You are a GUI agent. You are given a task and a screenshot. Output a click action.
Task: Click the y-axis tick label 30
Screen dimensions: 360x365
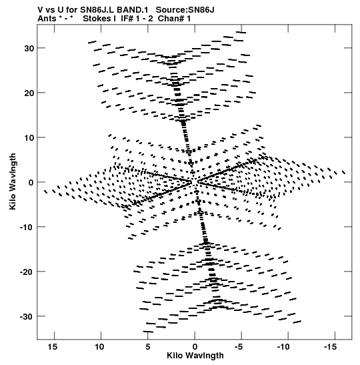click(x=29, y=49)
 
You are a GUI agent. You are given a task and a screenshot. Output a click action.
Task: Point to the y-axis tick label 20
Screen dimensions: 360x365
click(x=29, y=93)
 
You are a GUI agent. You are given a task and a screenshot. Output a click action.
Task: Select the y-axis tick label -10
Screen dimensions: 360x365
click(x=27, y=227)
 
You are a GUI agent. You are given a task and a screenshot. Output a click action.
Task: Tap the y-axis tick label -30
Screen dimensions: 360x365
click(x=27, y=316)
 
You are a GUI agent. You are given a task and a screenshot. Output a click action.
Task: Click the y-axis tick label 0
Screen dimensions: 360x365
click(x=31, y=183)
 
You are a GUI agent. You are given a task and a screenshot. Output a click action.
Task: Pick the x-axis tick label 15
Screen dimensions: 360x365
click(x=53, y=347)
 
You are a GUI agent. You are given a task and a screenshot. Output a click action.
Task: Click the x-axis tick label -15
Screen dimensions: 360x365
click(x=330, y=347)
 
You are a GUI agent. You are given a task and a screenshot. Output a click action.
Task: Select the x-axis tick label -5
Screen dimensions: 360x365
click(x=239, y=347)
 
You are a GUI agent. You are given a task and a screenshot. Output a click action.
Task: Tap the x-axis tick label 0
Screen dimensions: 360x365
click(x=195, y=347)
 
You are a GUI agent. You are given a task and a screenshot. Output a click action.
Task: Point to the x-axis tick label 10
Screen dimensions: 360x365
click(x=99, y=347)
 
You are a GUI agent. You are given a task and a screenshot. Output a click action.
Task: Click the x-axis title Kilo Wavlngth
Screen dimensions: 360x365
click(x=195, y=356)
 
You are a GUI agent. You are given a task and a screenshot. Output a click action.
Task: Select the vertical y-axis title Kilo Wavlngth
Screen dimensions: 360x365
click(x=13, y=181)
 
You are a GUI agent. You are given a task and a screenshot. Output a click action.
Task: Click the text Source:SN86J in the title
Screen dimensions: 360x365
click(x=185, y=10)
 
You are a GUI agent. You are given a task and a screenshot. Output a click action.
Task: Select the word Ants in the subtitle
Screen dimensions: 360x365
click(x=47, y=18)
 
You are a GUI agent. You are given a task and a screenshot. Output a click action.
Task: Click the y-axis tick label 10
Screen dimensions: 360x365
click(x=29, y=138)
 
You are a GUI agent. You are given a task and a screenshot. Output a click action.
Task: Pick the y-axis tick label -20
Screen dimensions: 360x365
click(x=27, y=272)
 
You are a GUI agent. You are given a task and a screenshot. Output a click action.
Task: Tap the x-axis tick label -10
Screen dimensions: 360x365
click(x=283, y=347)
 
